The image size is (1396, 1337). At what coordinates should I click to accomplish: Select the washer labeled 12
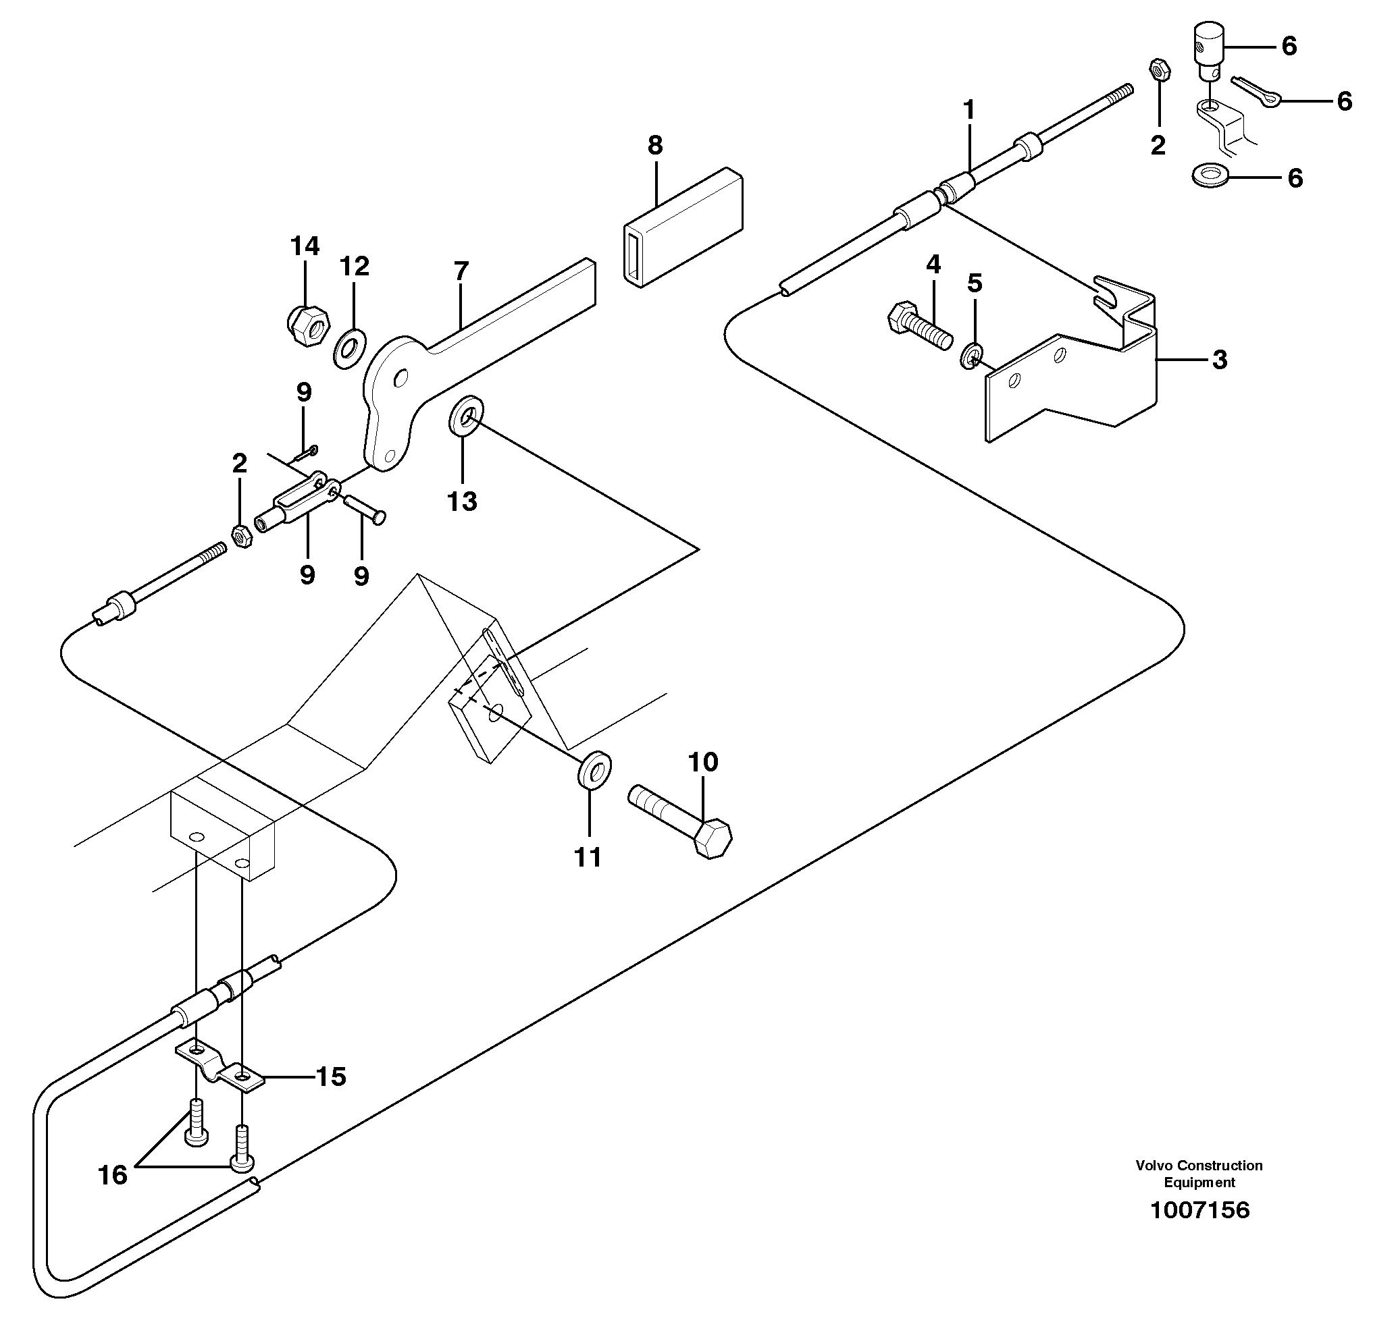coord(350,348)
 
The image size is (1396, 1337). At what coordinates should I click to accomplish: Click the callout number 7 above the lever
coord(461,271)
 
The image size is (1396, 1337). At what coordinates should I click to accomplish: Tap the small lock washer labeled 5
coord(973,355)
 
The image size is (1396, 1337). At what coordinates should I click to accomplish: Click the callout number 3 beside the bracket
coord(1219,360)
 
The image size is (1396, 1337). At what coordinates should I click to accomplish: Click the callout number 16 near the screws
coord(113,1174)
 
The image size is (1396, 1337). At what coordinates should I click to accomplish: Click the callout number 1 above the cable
coord(968,111)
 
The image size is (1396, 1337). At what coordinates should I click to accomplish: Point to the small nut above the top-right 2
coord(1159,70)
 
